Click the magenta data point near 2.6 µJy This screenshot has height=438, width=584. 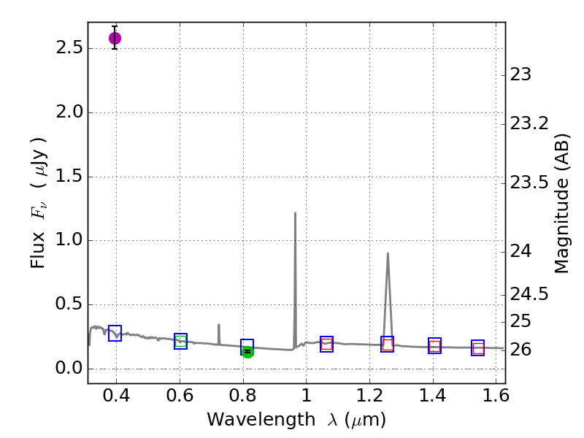[115, 38]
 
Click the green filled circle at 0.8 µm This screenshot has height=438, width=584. [247, 351]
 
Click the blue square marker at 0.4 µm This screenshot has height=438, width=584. [115, 333]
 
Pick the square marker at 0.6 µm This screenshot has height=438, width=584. [180, 341]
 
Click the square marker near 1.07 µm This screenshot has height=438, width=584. [326, 345]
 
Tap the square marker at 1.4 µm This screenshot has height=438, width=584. [434, 346]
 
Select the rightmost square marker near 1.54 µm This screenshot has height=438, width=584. [478, 347]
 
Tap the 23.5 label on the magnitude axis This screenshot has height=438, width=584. [531, 182]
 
